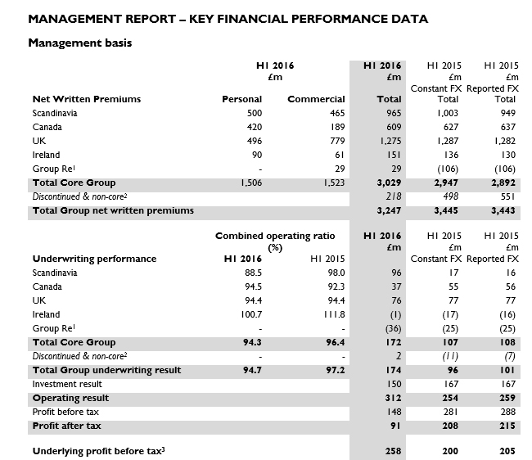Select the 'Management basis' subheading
click(80, 43)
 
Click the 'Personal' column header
click(241, 99)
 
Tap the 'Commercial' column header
click(316, 99)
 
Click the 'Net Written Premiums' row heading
click(86, 99)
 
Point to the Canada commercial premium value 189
click(336, 127)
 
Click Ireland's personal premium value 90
click(255, 155)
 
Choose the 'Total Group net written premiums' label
click(113, 210)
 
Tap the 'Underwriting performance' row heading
click(93, 259)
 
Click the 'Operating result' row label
click(70, 398)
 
